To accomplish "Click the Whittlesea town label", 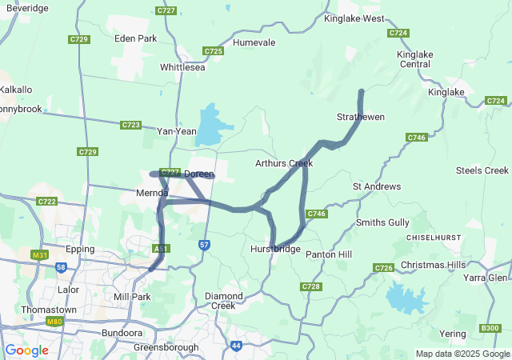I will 182,67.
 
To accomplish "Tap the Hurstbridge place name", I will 274,250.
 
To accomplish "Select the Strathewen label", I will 360,117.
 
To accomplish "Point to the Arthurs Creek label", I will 283,163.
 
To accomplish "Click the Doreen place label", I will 199,174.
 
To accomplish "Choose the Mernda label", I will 152,194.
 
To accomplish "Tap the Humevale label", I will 254,42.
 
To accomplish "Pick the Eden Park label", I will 136,38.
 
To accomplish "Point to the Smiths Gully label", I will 382,222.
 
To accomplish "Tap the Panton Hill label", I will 328,254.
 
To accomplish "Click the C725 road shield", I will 213,51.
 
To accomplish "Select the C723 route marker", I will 131,125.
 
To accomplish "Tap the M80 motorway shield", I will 55,322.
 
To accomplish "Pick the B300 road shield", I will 490,327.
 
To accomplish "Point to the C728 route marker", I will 311,286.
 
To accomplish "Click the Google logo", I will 26,350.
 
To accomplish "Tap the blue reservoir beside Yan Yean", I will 208,126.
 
